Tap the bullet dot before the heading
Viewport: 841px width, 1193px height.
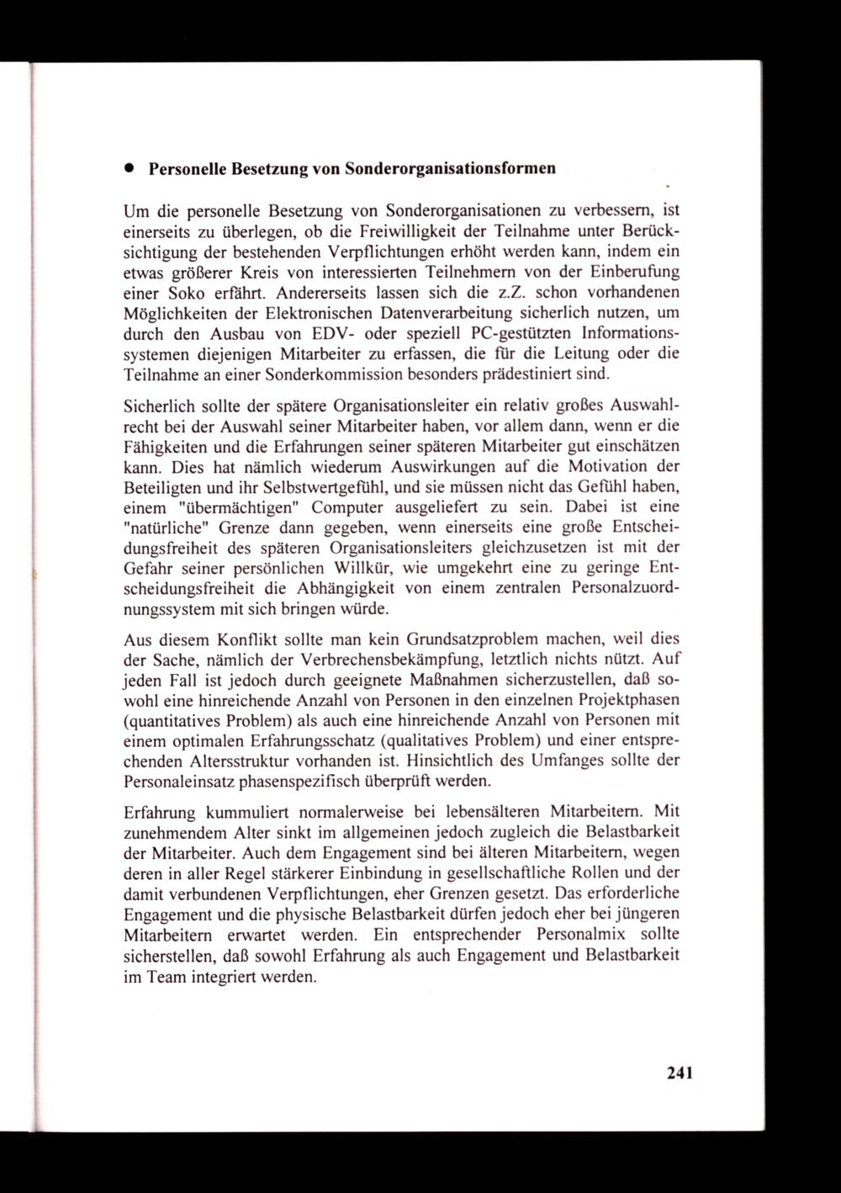coord(131,167)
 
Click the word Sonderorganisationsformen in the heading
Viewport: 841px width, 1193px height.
coord(448,167)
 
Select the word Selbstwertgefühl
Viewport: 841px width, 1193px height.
coord(322,487)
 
